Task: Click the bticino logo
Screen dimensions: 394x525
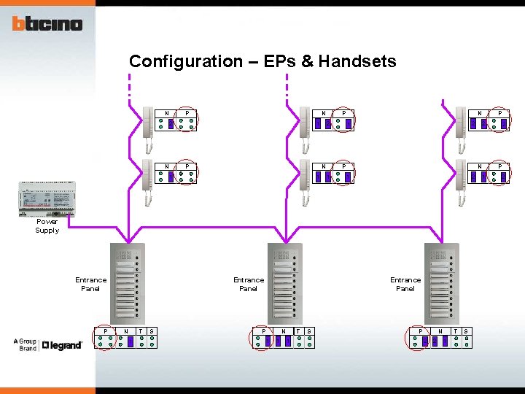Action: point(47,24)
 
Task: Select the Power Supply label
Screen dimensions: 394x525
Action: point(47,226)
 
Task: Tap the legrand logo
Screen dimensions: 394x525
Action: point(62,345)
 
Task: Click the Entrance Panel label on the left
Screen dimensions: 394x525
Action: point(90,284)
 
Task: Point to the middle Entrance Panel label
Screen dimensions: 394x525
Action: point(248,284)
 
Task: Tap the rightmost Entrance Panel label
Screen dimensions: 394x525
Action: point(405,284)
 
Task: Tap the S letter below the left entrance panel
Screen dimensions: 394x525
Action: point(151,331)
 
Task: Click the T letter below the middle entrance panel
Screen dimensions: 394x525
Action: point(297,331)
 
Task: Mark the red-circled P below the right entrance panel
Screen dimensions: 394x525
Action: point(419,339)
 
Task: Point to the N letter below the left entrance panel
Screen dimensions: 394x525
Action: point(126,331)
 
